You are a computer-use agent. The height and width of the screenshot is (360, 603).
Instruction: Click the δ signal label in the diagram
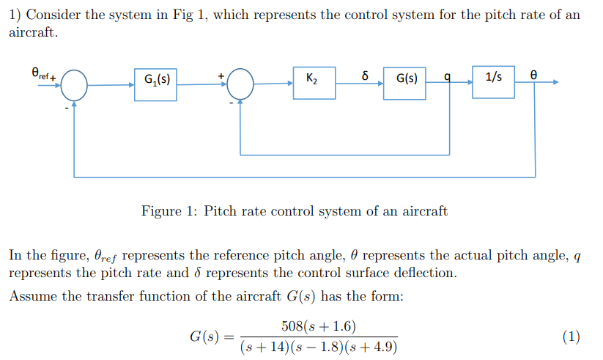tap(364, 75)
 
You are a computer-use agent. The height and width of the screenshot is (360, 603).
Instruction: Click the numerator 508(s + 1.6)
tap(319, 326)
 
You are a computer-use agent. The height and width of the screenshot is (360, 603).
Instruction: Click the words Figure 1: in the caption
tap(169, 212)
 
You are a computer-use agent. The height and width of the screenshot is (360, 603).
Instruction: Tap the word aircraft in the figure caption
tap(423, 212)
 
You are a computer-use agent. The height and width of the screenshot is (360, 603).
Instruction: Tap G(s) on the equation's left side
tap(204, 337)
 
